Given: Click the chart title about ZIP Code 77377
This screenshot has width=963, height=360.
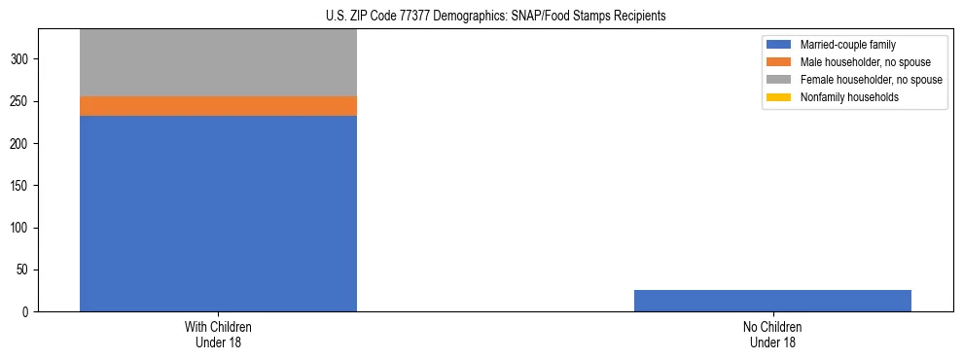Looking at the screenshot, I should pyautogui.click(x=481, y=17).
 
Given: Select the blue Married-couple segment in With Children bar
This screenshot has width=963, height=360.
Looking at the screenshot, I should pyautogui.click(x=218, y=213).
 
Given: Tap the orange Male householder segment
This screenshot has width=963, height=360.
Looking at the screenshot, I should pyautogui.click(x=218, y=106).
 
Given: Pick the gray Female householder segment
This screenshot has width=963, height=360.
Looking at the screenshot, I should pyautogui.click(x=218, y=62).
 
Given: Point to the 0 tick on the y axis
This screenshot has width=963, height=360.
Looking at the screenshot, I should pyautogui.click(x=28, y=312).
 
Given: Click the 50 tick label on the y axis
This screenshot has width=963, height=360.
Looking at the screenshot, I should pyautogui.click(x=25, y=270).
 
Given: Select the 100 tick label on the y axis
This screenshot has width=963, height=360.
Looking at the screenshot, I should pyautogui.click(x=22, y=228).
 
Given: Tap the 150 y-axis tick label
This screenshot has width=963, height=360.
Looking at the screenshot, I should pyautogui.click(x=22, y=186).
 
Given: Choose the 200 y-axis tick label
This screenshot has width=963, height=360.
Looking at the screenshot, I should pyautogui.click(x=22, y=144).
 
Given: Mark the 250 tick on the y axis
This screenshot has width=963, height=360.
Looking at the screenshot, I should pyautogui.click(x=22, y=101).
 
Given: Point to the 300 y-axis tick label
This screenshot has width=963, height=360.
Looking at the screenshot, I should pyautogui.click(x=22, y=59).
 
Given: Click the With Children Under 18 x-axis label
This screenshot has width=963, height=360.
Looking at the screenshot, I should pyautogui.click(x=218, y=334).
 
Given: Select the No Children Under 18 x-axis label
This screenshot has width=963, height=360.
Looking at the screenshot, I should pyautogui.click(x=772, y=334).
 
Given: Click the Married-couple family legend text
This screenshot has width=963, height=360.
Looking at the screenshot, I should pyautogui.click(x=847, y=45).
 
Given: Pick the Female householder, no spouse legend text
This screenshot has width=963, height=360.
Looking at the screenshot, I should pyautogui.click(x=871, y=80).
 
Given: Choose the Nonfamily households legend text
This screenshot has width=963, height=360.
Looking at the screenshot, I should pyautogui.click(x=849, y=97).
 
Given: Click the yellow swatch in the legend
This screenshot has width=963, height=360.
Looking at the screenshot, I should pyautogui.click(x=779, y=97).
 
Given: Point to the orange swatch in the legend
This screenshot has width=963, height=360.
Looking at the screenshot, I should pyautogui.click(x=779, y=62).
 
